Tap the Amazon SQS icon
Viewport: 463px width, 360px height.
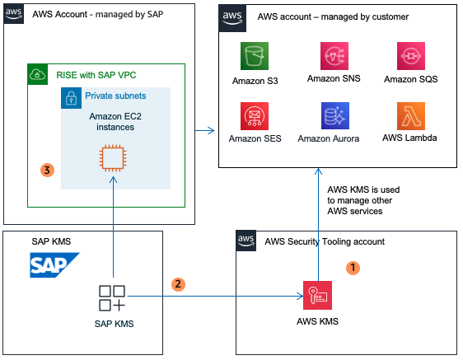[x=410, y=57]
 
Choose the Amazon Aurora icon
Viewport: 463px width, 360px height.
[x=334, y=116]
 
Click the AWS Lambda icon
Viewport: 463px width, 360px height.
[x=410, y=116]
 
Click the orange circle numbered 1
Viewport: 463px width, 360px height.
[x=353, y=268]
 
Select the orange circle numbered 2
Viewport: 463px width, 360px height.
[x=177, y=283]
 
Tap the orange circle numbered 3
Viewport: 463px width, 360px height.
[x=47, y=171]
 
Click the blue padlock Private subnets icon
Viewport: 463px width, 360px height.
[x=72, y=96]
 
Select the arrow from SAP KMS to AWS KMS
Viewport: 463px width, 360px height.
[x=214, y=294]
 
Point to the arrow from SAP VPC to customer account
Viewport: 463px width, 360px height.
[x=204, y=130]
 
